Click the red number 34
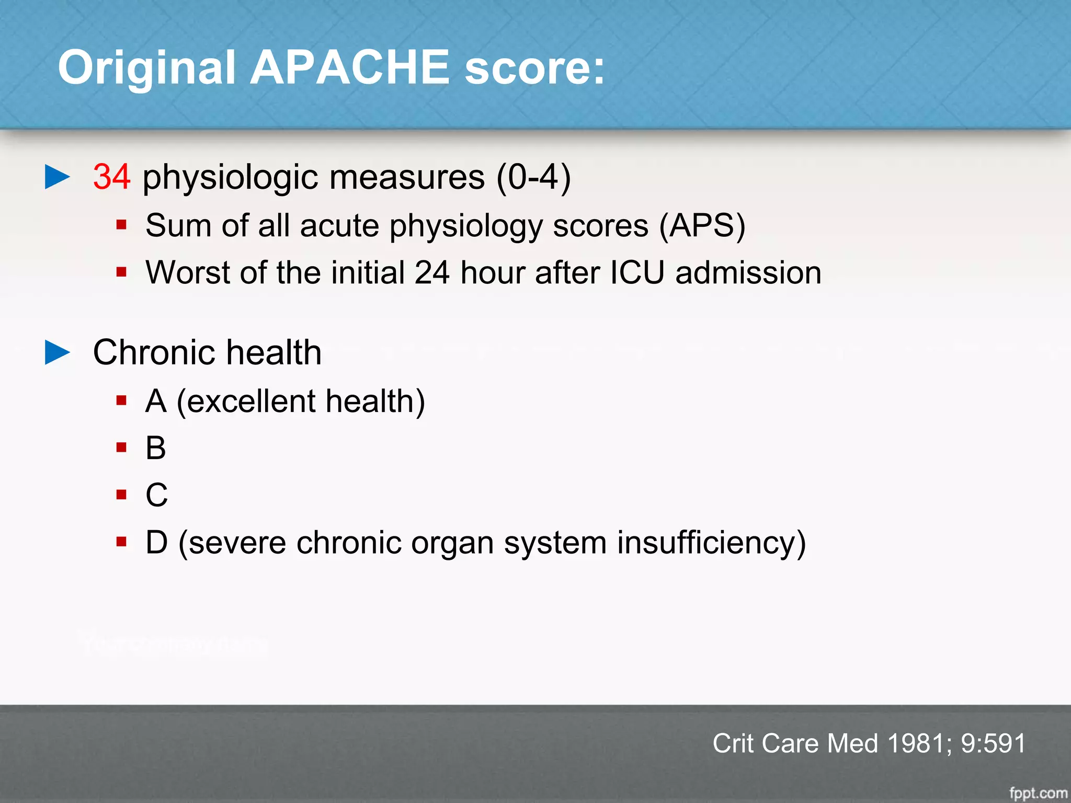pyautogui.click(x=111, y=177)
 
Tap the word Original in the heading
pyautogui.click(x=146, y=68)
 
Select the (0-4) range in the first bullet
pyautogui.click(x=533, y=177)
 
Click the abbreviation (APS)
pyautogui.click(x=702, y=226)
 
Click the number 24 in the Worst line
pyautogui.click(x=432, y=272)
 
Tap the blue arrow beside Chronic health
pyautogui.click(x=58, y=352)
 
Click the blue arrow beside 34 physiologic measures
pyautogui.click(x=58, y=177)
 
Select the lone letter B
pyautogui.click(x=156, y=448)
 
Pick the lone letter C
pyautogui.click(x=156, y=495)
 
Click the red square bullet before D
pyautogui.click(x=122, y=542)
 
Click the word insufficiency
pyautogui.click(x=711, y=543)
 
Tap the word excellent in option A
pyautogui.click(x=250, y=401)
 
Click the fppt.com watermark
pyautogui.click(x=1038, y=793)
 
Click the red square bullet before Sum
pyautogui.click(x=122, y=225)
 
